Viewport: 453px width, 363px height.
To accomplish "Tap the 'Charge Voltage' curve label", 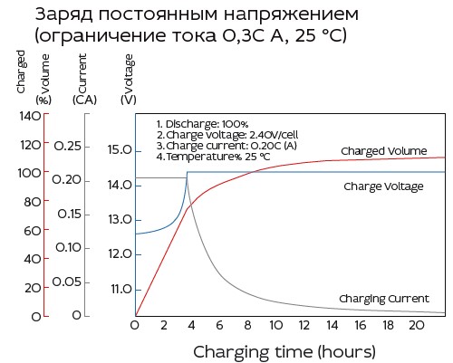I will pos(383,186).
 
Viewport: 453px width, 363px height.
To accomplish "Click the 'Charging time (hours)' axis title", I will pos(284,349).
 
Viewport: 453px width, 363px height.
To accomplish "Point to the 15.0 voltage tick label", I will pos(121,150).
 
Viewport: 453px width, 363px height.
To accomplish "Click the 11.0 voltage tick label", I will pos(121,289).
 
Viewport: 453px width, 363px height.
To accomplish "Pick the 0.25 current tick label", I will pos(73,145).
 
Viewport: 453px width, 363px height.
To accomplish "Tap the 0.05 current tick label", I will pos(73,282).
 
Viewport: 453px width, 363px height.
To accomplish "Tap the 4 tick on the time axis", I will pos(192,324).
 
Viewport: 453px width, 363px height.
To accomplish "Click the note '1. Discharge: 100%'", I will pos(208,123).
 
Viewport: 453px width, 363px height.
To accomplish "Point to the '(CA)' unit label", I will pos(85,99).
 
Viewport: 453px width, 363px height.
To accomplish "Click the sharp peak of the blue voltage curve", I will pos(187,173).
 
